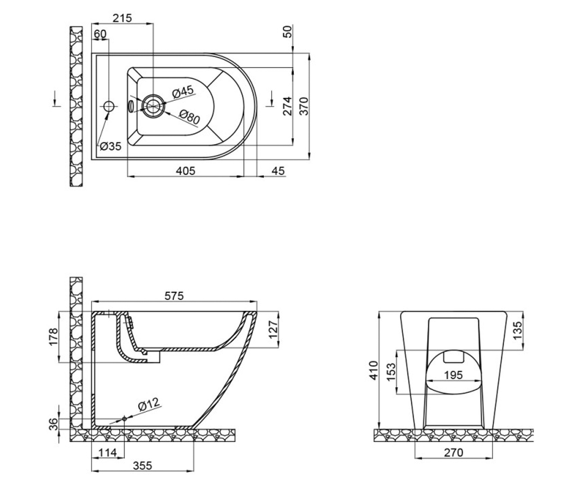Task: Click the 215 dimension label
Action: point(122,18)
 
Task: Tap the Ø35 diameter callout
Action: point(111,146)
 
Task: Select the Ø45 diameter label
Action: point(183,92)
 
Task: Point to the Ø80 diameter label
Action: point(190,117)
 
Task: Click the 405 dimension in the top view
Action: point(185,171)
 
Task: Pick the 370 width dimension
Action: point(304,106)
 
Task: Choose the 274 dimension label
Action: point(288,106)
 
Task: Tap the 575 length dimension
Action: point(174,296)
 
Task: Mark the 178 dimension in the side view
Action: point(54,337)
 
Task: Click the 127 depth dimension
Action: point(273,329)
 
